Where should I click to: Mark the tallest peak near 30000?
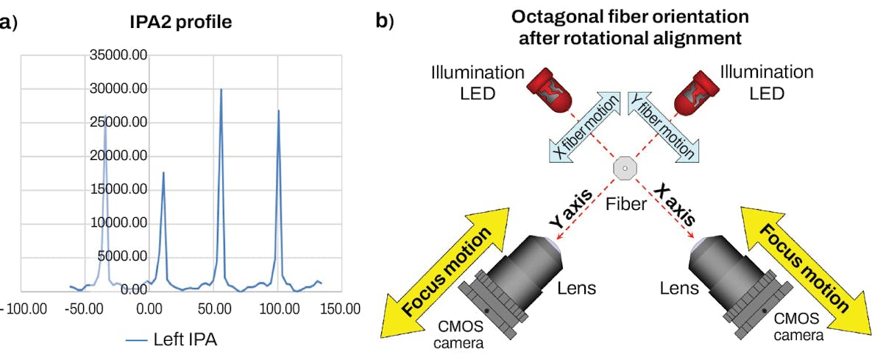221,91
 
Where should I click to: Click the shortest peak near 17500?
163,174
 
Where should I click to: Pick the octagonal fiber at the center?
624,169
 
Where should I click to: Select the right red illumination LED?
698,88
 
